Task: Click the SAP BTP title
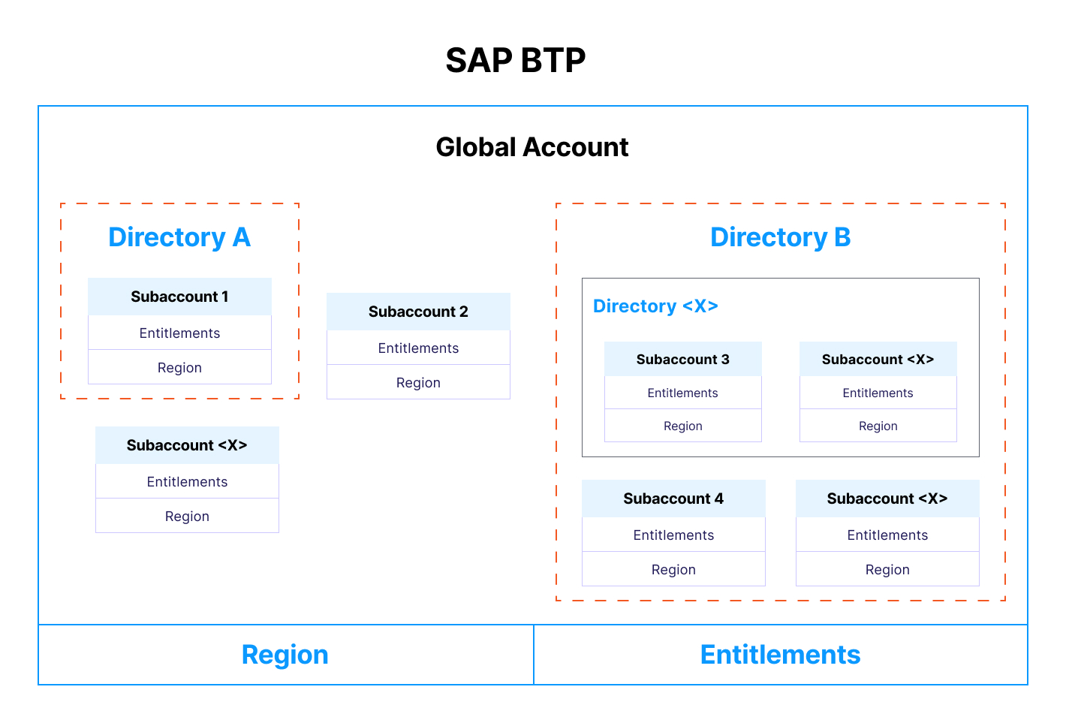[516, 60]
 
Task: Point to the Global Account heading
[532, 147]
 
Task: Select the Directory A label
[179, 237]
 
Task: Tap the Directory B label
[780, 237]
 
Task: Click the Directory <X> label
[655, 306]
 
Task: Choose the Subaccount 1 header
[179, 297]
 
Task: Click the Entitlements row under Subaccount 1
[179, 333]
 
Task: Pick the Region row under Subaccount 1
[179, 368]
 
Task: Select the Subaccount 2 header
[418, 312]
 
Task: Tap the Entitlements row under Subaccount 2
[418, 348]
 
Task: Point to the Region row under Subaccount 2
[418, 383]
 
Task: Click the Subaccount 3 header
[682, 360]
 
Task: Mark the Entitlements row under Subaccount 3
[682, 393]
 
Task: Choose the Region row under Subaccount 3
[682, 426]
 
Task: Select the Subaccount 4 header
[673, 499]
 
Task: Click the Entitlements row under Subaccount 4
[673, 535]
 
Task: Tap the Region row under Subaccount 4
[673, 570]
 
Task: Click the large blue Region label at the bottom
[285, 655]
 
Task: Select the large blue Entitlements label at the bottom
[780, 655]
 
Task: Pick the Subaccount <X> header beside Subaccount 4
[887, 499]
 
